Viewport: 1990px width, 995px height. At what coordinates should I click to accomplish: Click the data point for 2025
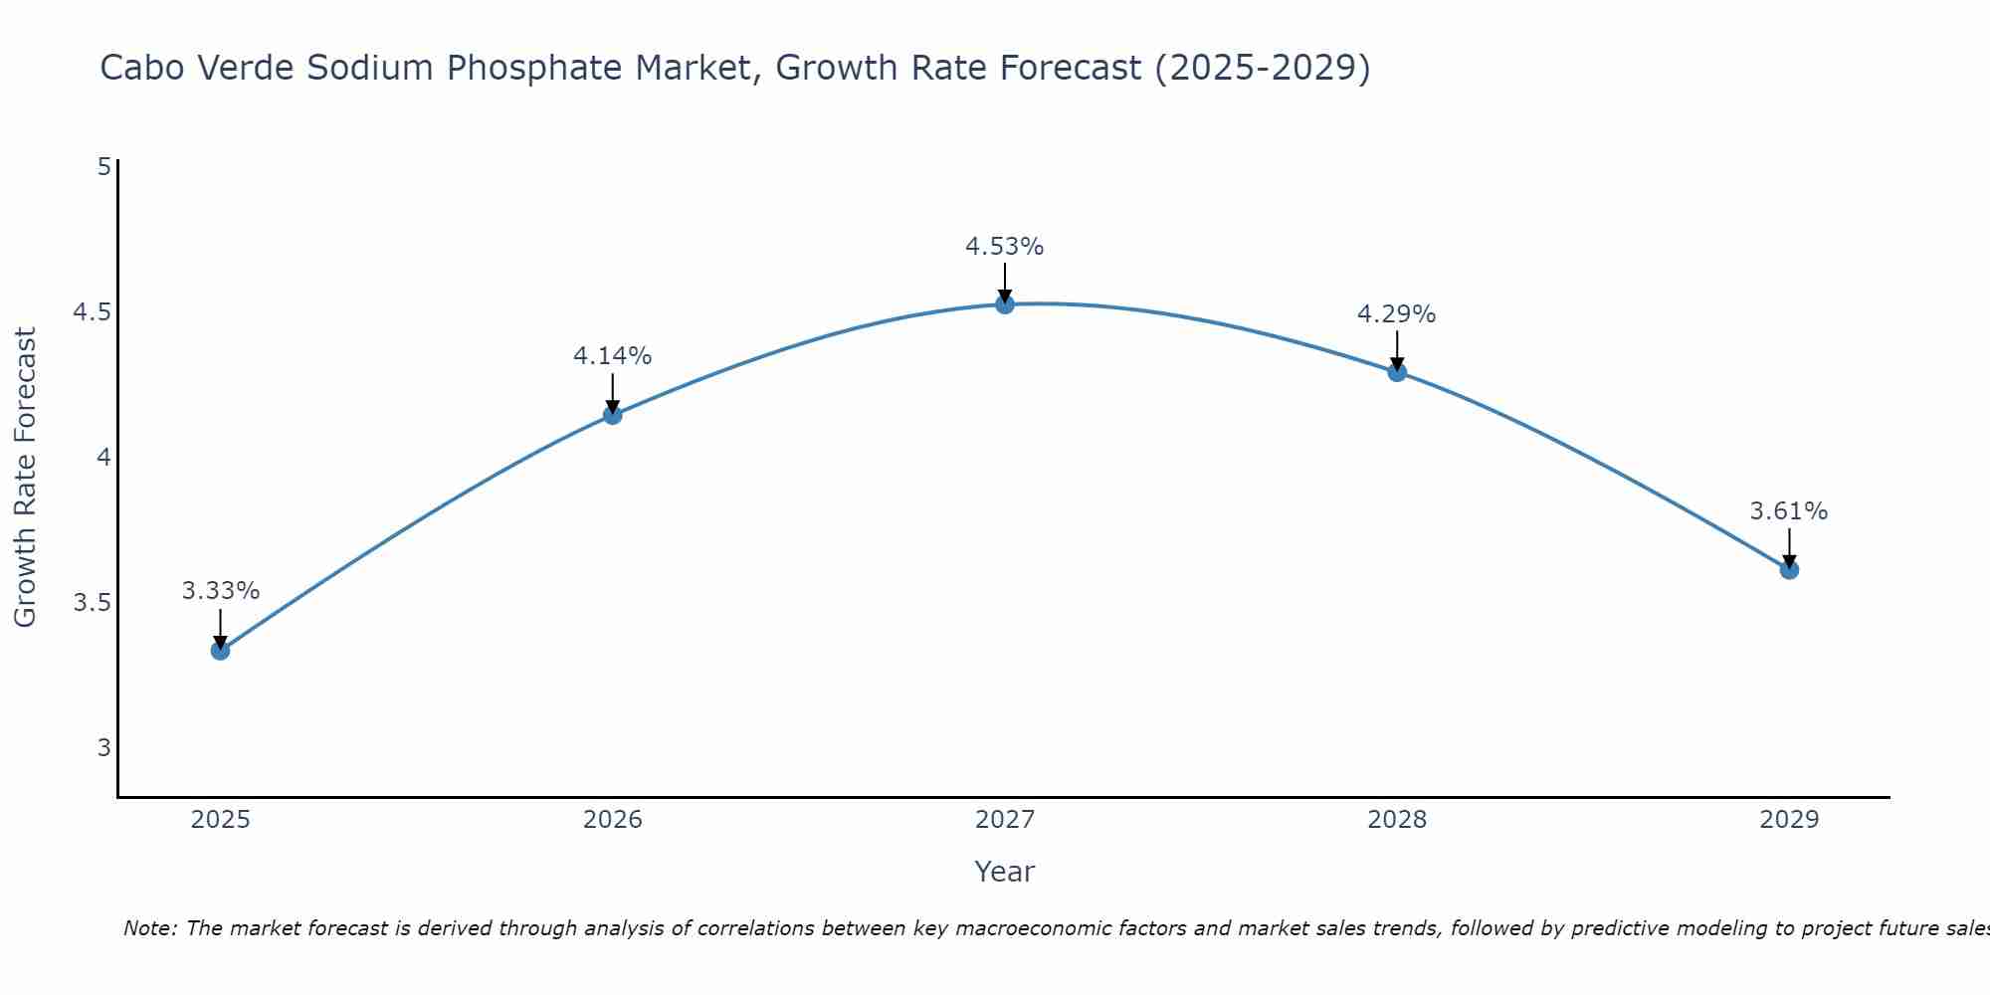coord(220,651)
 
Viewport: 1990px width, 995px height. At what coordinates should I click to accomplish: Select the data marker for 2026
coord(613,415)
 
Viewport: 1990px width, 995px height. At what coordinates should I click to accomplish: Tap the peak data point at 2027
coord(1005,304)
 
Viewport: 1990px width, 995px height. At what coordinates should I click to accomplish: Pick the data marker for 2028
coord(1397,372)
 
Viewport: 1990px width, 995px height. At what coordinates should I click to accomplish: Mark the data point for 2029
coord(1789,570)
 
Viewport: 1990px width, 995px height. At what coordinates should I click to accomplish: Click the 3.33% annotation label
coord(220,591)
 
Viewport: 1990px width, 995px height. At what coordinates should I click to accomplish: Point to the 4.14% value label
coord(612,356)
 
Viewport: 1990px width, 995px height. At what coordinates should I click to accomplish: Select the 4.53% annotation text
coord(1004,247)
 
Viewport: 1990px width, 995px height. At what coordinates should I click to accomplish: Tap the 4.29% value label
coord(1396,314)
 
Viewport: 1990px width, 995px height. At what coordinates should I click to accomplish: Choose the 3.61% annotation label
coord(1788,511)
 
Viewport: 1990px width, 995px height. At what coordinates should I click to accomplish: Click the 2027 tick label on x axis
coord(1005,820)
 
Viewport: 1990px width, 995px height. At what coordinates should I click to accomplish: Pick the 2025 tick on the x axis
coord(220,820)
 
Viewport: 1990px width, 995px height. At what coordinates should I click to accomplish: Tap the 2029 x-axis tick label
coord(1789,820)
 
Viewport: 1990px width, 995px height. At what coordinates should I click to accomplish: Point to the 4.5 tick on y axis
coord(92,312)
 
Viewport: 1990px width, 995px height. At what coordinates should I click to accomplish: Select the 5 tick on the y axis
coord(103,167)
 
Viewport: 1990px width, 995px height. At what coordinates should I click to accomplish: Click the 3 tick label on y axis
coord(103,748)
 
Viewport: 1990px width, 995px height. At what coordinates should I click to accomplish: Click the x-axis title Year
coord(1004,872)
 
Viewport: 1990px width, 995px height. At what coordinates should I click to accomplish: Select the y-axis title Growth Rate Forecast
coord(25,478)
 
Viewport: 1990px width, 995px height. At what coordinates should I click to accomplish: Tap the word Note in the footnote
coord(149,928)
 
